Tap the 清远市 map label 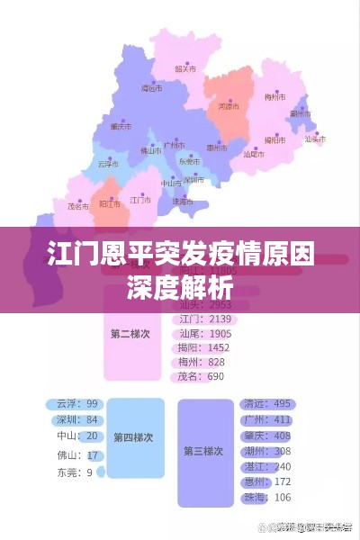(x=152, y=88)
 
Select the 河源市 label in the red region (x=229, y=106)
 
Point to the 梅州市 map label (x=274, y=96)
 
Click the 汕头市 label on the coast (x=314, y=139)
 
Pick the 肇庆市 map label (x=121, y=126)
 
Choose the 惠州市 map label (x=217, y=148)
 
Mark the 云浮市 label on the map (x=107, y=164)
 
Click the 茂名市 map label (x=78, y=205)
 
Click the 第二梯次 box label (x=131, y=333)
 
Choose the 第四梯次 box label (x=133, y=437)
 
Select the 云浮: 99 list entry (x=77, y=404)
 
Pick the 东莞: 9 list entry (x=76, y=472)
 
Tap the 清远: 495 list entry (x=267, y=403)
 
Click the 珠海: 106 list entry (x=267, y=498)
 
